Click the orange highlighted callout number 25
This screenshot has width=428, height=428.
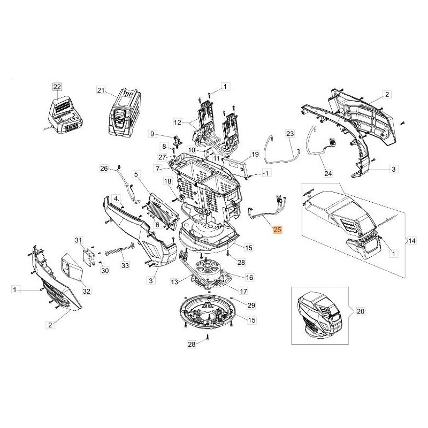(x=277, y=231)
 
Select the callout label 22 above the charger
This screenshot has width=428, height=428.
(x=57, y=86)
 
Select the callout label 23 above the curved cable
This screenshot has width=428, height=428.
(x=290, y=133)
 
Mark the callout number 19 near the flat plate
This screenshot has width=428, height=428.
(x=255, y=154)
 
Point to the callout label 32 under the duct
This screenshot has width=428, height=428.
(x=86, y=291)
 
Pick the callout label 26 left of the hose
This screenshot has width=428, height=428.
(x=104, y=169)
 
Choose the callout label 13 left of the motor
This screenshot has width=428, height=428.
(x=174, y=281)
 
